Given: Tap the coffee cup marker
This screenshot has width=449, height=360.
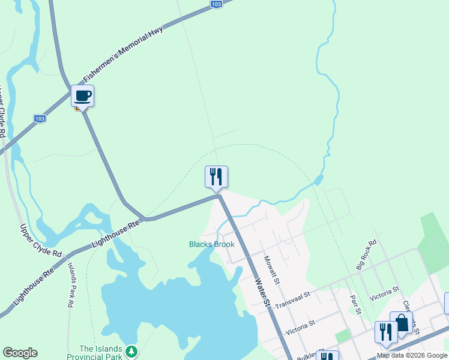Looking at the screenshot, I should tap(82, 95).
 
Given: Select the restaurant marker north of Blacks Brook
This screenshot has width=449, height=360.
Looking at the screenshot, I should tap(216, 176).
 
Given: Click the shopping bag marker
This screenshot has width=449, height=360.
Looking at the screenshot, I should tap(401, 322).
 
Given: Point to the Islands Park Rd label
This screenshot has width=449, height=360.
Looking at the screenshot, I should tap(70, 285).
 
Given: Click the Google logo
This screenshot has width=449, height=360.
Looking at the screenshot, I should tap(20, 353).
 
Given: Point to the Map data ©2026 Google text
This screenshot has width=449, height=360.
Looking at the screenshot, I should tap(412, 355).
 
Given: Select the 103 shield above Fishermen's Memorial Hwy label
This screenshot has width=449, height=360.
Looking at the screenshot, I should tap(217, 4).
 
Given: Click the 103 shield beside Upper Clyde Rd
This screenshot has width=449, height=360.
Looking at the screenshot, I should tap(40, 119).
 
